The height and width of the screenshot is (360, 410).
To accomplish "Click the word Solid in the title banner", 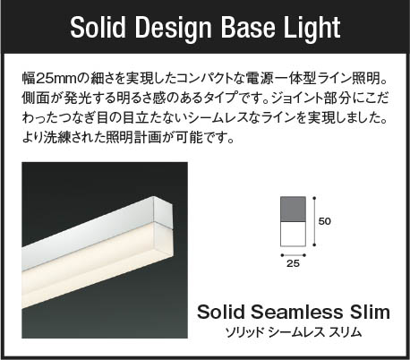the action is coord(98,28).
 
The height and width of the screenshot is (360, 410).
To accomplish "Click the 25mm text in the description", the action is coord(56,78).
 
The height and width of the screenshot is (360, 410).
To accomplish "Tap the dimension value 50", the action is coord(325,221).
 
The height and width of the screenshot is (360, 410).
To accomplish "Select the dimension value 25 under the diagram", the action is coord(293,263).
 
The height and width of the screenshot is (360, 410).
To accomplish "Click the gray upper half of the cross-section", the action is coord(293,209).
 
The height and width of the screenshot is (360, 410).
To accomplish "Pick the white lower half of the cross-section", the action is coord(293,234).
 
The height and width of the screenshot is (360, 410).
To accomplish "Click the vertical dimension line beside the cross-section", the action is coord(314,221).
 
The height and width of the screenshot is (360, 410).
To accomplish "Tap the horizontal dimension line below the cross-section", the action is coord(293,255).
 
